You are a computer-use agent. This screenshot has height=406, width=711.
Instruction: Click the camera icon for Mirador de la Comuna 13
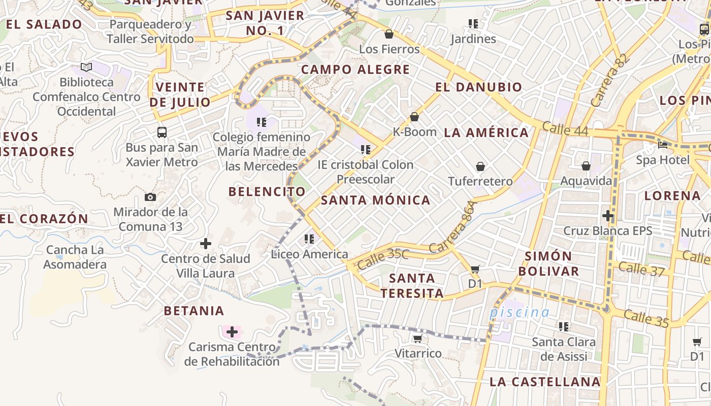[x=150, y=197]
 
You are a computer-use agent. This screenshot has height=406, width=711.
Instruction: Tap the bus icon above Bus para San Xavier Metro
[x=162, y=132]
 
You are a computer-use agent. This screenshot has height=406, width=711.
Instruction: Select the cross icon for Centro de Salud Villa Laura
[x=206, y=244]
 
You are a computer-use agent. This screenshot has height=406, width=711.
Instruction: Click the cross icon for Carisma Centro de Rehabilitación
[x=232, y=332]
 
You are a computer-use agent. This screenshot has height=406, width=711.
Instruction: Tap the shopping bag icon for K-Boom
[x=414, y=117]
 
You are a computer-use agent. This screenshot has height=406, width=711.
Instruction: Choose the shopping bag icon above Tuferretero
[x=480, y=166]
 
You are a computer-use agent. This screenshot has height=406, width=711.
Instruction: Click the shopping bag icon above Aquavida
[x=586, y=166]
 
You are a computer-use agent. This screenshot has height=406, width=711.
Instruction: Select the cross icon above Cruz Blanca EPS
[x=608, y=216]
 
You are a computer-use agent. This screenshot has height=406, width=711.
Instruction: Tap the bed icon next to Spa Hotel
[x=663, y=145]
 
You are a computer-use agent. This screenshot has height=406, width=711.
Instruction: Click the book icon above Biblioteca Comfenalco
[x=86, y=67]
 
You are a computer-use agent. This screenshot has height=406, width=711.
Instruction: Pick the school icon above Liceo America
[x=309, y=239]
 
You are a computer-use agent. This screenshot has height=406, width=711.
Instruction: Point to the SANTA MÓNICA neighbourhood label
[x=376, y=200]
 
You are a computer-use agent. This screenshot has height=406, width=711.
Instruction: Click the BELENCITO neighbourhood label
[x=267, y=192]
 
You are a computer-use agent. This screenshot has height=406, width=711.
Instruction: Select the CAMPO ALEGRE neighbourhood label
[x=355, y=70]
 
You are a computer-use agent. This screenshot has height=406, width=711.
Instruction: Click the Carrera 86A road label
[x=454, y=227]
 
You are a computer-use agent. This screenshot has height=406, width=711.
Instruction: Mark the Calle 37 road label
[x=641, y=269]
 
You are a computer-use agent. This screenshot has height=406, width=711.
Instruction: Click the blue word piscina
[x=520, y=312]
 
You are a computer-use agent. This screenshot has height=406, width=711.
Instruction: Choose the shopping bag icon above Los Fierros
[x=389, y=34]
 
